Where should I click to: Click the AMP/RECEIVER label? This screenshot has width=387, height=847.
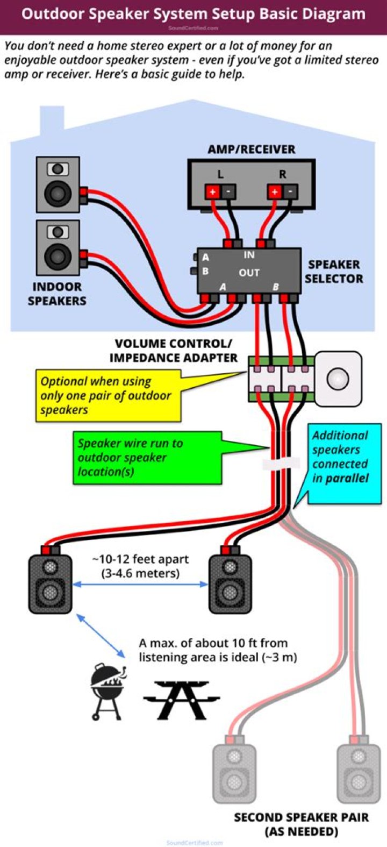pyautogui.click(x=251, y=149)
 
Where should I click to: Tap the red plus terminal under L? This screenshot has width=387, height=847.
pyautogui.click(x=212, y=191)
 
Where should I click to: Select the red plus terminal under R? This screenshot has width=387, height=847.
pyautogui.click(x=275, y=191)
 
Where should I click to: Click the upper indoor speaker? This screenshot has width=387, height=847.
pyautogui.click(x=58, y=184)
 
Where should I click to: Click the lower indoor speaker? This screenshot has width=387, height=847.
pyautogui.click(x=58, y=247)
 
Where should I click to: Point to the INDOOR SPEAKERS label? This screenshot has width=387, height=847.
pyautogui.click(x=57, y=294)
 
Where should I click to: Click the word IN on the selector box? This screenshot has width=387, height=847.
pyautogui.click(x=249, y=254)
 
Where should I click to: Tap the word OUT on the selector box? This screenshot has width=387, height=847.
pyautogui.click(x=249, y=273)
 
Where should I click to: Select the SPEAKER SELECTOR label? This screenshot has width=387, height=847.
pyautogui.click(x=334, y=272)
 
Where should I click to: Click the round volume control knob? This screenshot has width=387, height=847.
pyautogui.click(x=338, y=379)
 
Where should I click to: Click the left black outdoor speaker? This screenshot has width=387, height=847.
pyautogui.click(x=50, y=583)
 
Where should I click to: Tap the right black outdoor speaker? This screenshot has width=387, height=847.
pyautogui.click(x=230, y=583)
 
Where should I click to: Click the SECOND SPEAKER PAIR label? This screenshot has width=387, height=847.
pyautogui.click(x=301, y=824)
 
